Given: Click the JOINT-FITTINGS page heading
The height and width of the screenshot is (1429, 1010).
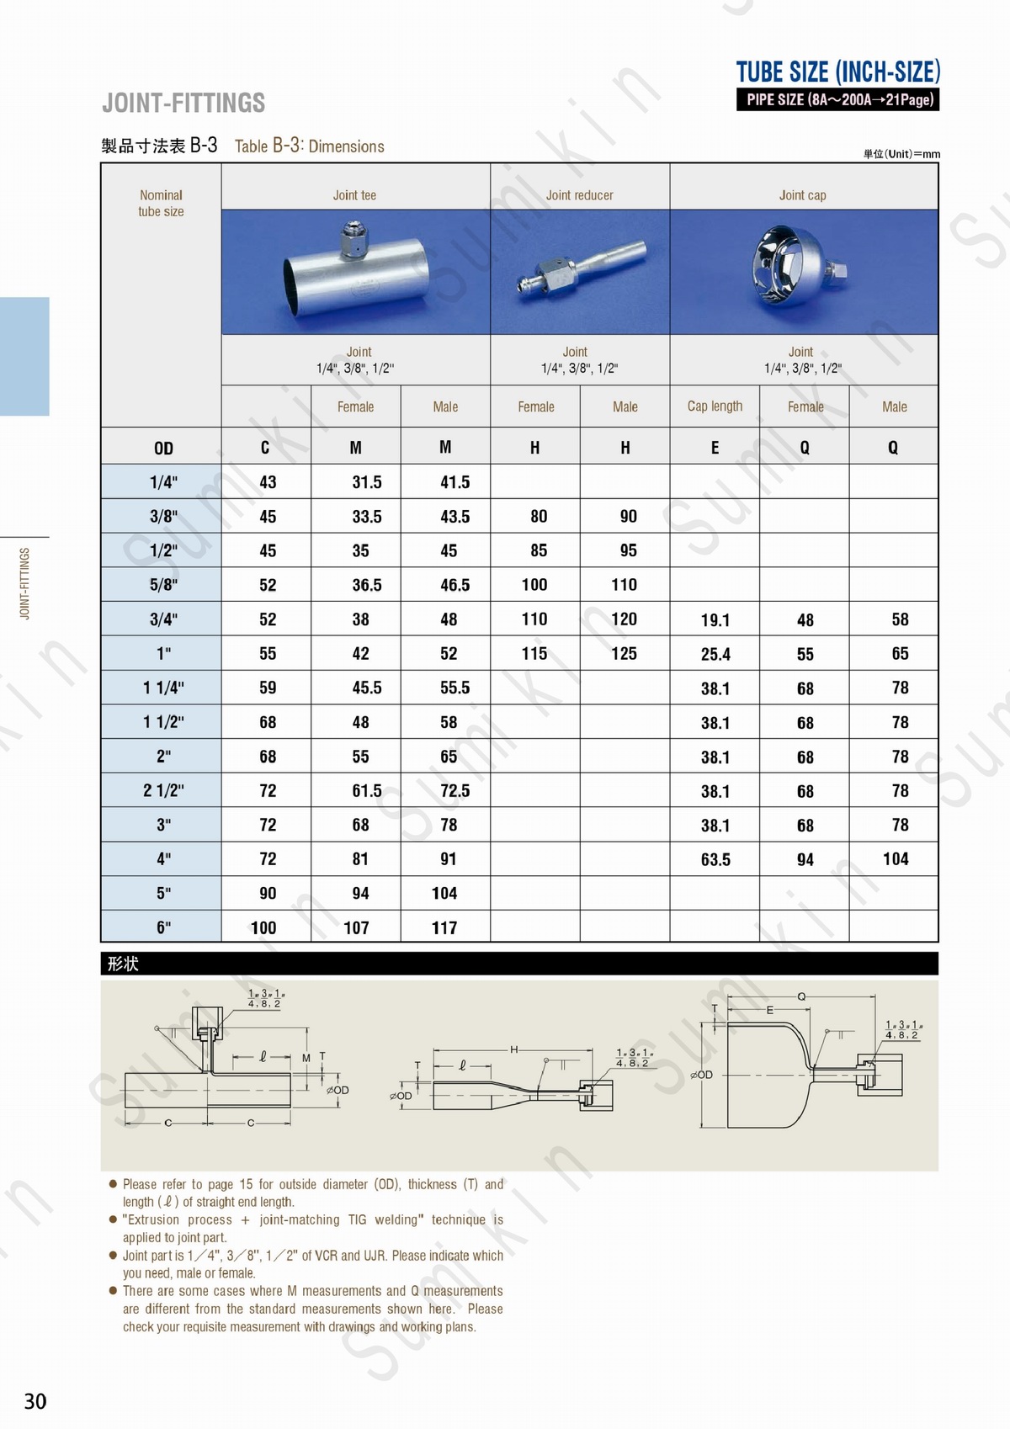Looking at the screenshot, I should [183, 104].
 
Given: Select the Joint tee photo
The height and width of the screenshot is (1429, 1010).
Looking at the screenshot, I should [355, 271].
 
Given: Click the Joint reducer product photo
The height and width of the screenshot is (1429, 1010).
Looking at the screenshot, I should [580, 271].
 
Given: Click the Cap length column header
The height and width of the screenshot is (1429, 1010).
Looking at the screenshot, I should [715, 406].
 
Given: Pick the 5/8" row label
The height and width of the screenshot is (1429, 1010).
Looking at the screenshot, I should [163, 585].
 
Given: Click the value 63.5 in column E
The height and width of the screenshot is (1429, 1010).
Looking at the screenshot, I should [715, 860].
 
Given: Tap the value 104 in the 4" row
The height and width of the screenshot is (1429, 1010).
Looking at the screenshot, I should [896, 859].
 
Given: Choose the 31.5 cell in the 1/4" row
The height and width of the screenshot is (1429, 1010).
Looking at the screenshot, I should [367, 482].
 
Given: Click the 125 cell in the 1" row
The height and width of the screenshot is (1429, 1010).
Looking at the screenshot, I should [624, 654].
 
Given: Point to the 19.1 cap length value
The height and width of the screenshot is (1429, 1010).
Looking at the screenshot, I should [715, 620].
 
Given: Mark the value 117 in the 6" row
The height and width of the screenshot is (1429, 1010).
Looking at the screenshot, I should [444, 928].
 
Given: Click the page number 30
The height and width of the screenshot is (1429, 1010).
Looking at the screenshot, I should [35, 1401].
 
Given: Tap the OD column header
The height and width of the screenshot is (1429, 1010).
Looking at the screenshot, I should [163, 449].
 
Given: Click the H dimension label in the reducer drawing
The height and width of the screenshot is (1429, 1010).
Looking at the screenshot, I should [513, 1049].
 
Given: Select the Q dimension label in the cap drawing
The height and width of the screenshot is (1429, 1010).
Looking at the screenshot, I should [801, 996].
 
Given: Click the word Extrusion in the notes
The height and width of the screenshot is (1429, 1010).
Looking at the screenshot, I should [154, 1219].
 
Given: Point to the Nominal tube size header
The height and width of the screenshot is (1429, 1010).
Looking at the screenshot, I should [161, 203].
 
